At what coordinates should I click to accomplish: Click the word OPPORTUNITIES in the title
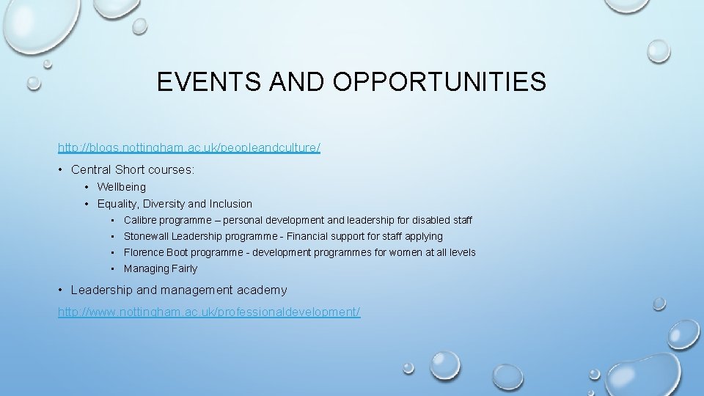(439, 81)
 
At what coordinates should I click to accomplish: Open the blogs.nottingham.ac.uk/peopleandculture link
(189, 147)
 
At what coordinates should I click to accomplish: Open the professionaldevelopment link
(209, 312)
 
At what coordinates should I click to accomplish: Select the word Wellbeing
(122, 187)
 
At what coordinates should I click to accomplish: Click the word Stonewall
(147, 236)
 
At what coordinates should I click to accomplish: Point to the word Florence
(144, 252)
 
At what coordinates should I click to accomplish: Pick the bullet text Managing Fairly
(161, 268)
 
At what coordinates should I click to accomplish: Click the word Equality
(118, 204)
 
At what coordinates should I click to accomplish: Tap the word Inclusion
(230, 204)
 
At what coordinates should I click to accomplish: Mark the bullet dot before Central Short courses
(60, 170)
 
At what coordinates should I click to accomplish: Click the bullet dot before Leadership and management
(60, 290)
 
